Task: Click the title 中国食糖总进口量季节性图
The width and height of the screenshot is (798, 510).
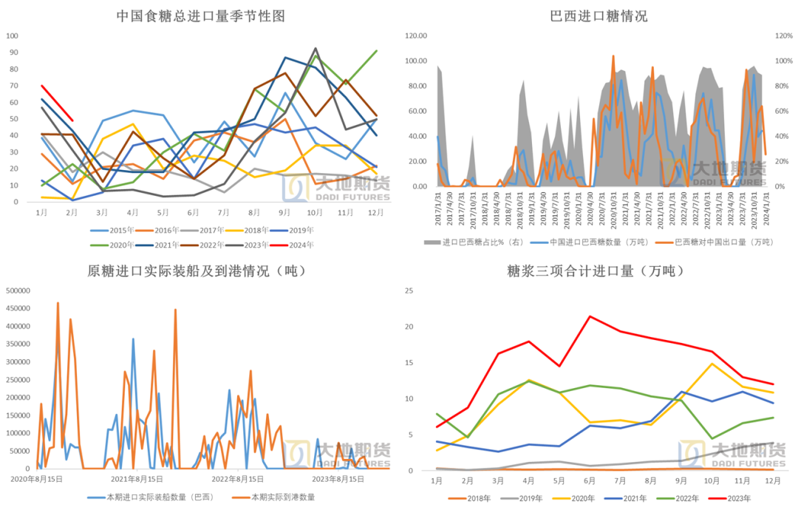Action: coord(200,16)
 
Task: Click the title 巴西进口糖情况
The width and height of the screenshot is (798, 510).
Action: coord(598,16)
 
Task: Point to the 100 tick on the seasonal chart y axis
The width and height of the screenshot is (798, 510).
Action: coord(13,35)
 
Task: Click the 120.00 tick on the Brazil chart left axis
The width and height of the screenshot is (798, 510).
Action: coord(417,35)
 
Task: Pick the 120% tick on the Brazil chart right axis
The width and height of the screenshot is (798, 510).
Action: coord(783,35)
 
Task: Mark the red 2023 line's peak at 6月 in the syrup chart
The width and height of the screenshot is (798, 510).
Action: coord(590,316)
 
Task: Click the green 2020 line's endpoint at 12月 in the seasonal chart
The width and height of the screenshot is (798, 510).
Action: coord(377,51)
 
